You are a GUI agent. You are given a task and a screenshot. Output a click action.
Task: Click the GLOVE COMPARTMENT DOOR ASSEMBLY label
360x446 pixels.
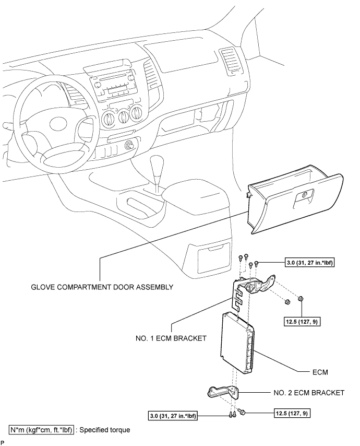tap(102, 287)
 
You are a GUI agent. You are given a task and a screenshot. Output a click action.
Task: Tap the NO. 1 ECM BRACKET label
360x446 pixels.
tap(171, 338)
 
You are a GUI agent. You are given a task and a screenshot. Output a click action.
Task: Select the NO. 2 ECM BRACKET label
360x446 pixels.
tap(309, 393)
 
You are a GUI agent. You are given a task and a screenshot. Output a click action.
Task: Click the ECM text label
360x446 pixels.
tap(320, 372)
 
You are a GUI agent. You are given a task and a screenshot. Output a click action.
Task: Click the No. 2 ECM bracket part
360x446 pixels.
tap(223, 393)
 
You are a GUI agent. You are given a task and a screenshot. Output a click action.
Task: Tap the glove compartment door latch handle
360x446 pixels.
tap(304, 196)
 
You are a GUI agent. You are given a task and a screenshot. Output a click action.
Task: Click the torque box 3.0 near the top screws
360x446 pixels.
tap(309, 263)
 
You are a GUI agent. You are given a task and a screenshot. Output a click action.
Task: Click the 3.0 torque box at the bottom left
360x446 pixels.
tap(173, 416)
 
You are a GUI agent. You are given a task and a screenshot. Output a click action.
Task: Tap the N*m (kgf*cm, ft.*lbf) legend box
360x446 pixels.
tap(42, 429)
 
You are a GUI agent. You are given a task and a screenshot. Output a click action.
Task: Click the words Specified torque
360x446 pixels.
tap(105, 429)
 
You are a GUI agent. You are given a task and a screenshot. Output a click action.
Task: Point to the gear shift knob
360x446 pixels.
tap(157, 163)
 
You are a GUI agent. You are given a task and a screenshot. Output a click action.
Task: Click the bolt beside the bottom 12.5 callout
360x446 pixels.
tap(243, 412)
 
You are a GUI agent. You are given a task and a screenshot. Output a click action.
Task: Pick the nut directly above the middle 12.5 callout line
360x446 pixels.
tap(299, 299)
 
